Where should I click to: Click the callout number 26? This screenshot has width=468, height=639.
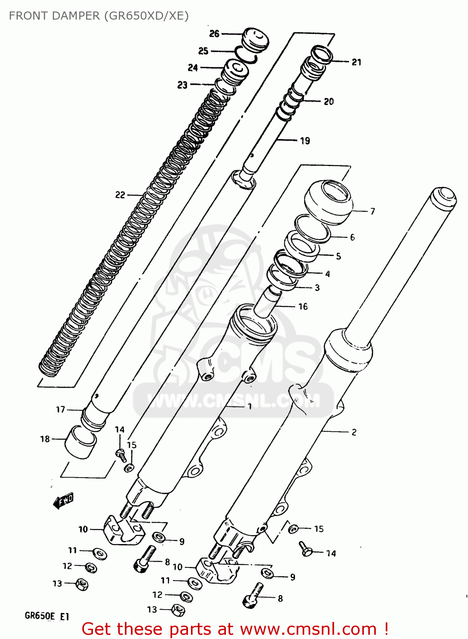click(214, 33)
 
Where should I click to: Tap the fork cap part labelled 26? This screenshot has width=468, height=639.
click(256, 39)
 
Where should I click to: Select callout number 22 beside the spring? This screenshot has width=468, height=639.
click(120, 195)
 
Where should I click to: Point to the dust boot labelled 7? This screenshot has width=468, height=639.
click(329, 202)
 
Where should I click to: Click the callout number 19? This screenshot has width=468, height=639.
click(305, 141)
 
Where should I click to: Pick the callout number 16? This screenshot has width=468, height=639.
click(303, 306)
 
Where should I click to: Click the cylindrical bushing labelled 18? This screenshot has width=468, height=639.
click(80, 442)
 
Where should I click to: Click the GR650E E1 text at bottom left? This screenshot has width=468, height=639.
click(47, 616)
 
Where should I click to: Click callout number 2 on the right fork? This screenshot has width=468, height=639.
click(354, 432)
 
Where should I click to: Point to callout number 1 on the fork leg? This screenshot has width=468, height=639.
click(250, 406)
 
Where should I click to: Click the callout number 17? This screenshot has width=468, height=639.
click(61, 409)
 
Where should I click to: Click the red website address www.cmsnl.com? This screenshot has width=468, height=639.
click(308, 629)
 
